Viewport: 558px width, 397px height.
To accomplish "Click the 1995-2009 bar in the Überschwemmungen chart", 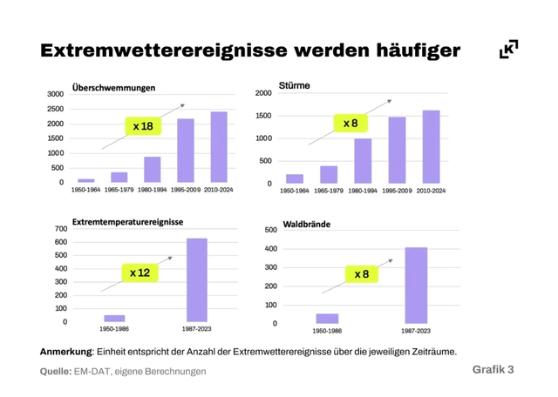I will click(186, 151).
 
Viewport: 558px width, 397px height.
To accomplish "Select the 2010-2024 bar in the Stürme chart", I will click(431, 147).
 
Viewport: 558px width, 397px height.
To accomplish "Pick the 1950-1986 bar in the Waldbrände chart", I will click(327, 319).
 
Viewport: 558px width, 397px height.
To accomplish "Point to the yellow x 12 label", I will click(139, 273).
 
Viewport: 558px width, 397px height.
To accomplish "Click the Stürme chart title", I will click(294, 86).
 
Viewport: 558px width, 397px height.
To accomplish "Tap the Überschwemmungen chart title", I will click(114, 87).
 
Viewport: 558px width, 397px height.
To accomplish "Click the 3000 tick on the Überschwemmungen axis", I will click(55, 94).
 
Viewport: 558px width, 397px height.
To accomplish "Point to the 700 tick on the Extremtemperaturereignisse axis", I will click(60, 229).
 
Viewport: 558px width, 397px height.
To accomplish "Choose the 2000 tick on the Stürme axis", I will click(264, 93).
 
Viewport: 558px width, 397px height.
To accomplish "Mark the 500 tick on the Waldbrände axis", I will click(270, 230).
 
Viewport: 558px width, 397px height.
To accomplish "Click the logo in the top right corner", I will click(507, 49).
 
